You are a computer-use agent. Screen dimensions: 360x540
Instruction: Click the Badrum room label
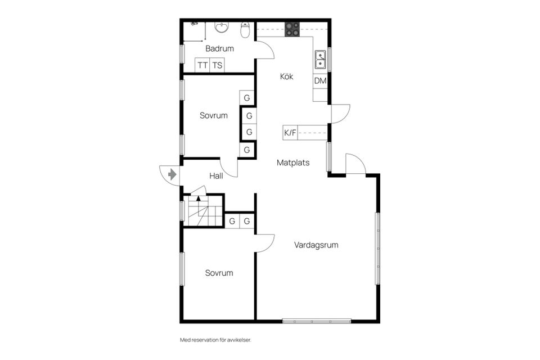coord(219,49)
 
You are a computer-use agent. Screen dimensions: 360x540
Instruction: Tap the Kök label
coord(287,77)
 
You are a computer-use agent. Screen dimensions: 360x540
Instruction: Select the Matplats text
coord(293,163)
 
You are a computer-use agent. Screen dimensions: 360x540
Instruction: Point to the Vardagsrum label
coord(316,245)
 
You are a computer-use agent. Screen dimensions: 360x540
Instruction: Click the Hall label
coord(216,176)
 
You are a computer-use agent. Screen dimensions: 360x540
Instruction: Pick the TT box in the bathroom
coord(202,65)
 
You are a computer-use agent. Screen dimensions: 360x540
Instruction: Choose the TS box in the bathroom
coord(217,65)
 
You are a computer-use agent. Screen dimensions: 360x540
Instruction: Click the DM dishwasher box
coord(320,81)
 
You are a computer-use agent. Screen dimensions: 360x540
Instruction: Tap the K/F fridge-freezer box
coord(290,133)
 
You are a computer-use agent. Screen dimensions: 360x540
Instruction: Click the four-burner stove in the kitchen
coord(292,29)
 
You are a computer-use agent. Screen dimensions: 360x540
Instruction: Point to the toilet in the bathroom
coord(245,30)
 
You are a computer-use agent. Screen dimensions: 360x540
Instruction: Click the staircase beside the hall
coord(199,212)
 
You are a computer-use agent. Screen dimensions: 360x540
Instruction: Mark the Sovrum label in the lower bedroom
coord(219,273)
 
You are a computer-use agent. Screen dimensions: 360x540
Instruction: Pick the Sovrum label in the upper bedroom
coord(214,116)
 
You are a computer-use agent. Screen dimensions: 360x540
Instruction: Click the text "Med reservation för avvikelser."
coord(215,340)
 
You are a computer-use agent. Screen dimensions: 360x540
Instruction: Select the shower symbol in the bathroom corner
coord(194,24)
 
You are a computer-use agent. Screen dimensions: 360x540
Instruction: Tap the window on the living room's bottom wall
coord(317,321)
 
